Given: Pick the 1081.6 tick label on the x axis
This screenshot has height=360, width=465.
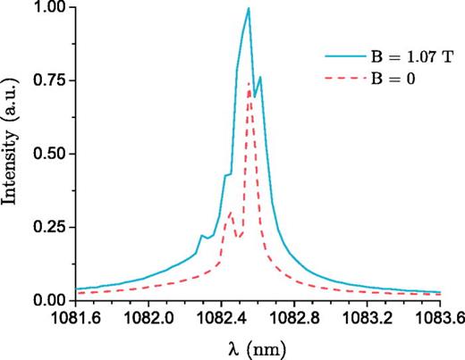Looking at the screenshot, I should coord(76,316).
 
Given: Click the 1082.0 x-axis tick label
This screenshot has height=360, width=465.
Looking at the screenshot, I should coord(149,316).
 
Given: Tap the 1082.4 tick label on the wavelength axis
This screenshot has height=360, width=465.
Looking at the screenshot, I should coord(222,316).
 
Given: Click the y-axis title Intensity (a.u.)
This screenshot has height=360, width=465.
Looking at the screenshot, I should coord(13,154).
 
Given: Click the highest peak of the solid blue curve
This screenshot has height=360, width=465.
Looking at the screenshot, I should coord(249,8).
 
